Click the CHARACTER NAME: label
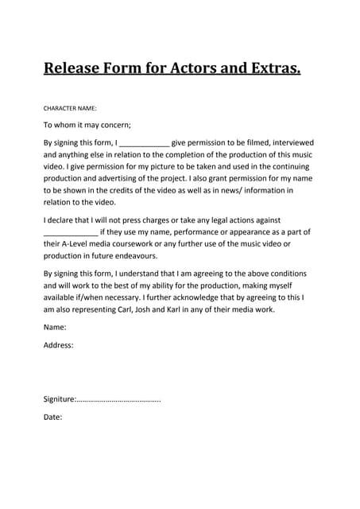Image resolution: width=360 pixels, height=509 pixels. [x=70, y=107]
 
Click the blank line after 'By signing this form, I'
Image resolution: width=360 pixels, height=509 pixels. [x=144, y=143]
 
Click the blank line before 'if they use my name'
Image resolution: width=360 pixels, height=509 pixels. [x=70, y=232]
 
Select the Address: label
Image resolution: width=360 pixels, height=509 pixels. [x=58, y=345]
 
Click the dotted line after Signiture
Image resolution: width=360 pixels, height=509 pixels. [x=119, y=399]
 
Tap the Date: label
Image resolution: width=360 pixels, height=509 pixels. [x=52, y=416]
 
